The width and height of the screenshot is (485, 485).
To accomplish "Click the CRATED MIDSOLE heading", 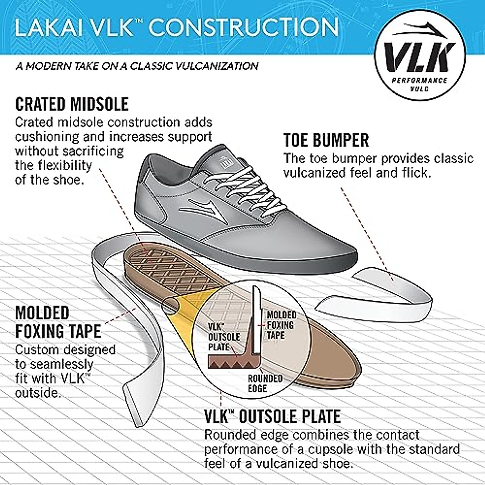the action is coord(72,104).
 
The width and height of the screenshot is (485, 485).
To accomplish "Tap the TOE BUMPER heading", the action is coord(326,140).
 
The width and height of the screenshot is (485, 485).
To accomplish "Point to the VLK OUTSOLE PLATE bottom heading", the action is coord(272,417).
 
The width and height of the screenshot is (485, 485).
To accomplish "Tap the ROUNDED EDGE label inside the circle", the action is coord(265,384).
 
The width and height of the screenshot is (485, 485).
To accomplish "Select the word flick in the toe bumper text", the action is coord(413,173).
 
